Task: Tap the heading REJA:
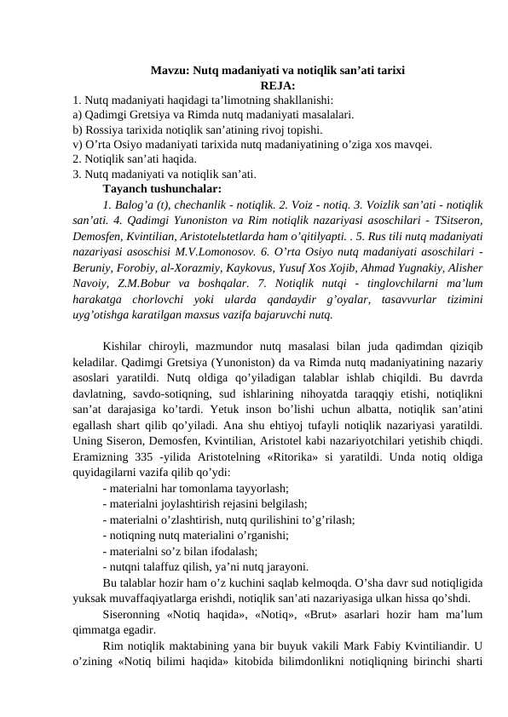(x=277, y=85)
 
